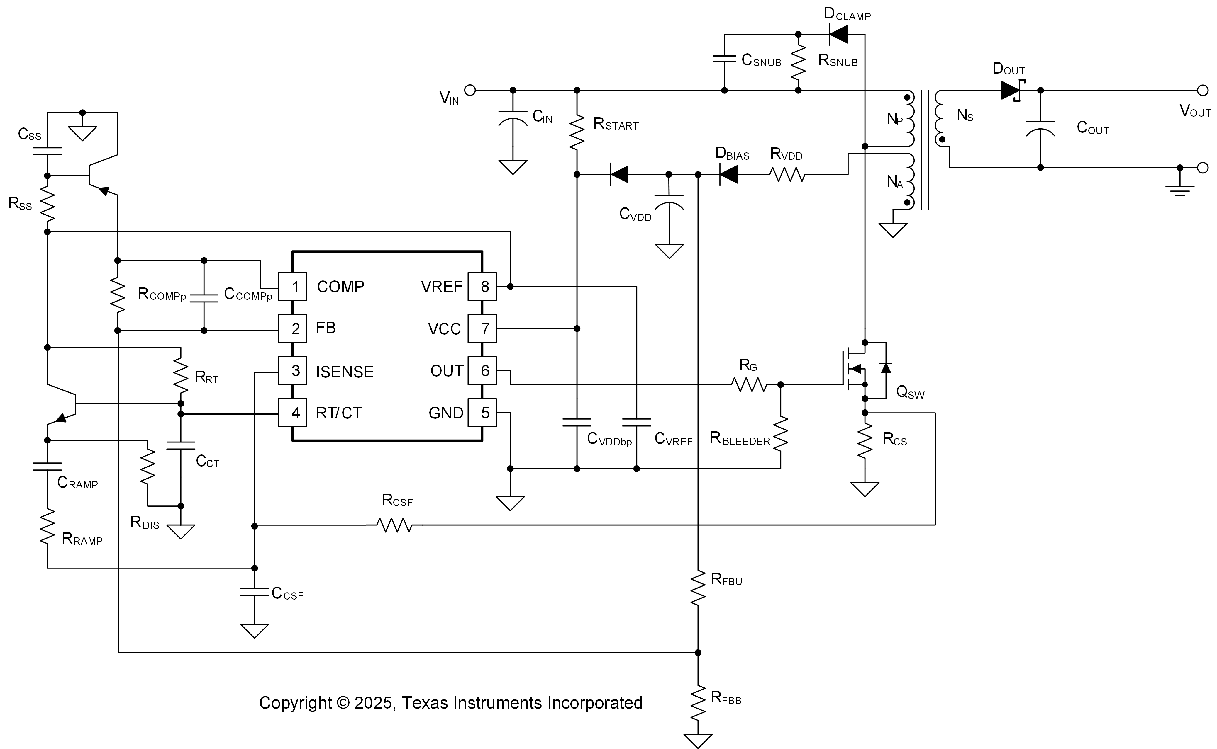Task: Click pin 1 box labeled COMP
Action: (292, 286)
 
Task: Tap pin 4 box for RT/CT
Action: (292, 413)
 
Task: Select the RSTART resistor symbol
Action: (577, 132)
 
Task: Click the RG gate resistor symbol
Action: (749, 384)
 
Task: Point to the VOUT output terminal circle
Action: (1203, 90)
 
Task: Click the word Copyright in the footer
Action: (295, 703)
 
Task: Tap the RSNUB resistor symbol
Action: (798, 62)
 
